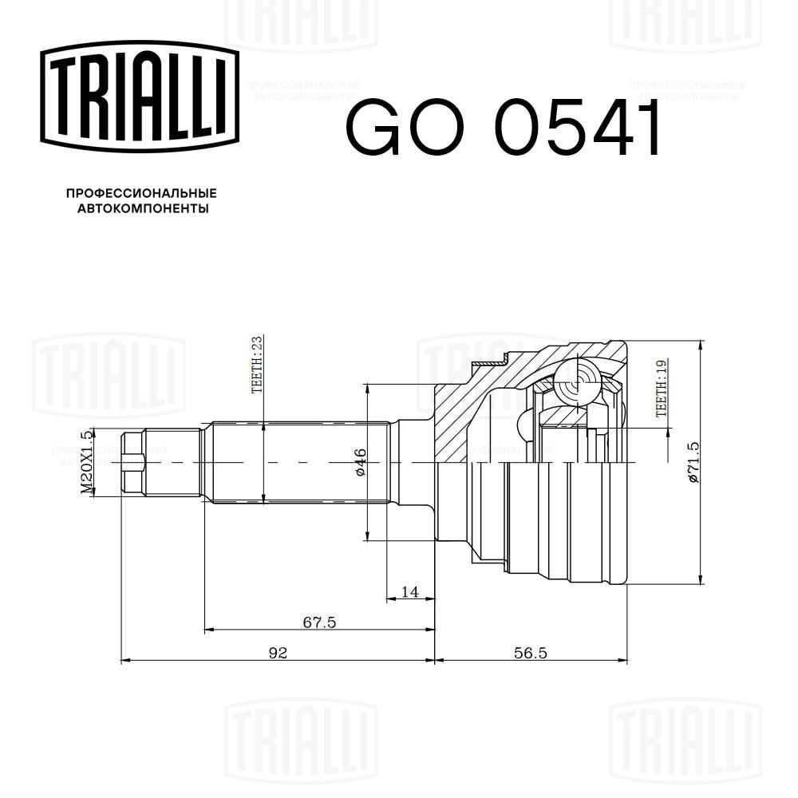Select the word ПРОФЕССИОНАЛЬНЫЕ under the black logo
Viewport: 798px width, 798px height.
[x=141, y=194]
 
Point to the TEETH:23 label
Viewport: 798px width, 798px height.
[x=256, y=365]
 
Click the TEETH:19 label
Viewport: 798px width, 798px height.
[x=660, y=389]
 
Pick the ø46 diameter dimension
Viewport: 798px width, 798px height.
[x=360, y=462]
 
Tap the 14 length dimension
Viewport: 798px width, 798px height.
[x=410, y=591]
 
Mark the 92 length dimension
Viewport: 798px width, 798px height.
[x=277, y=653]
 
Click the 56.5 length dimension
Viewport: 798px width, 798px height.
[x=530, y=653]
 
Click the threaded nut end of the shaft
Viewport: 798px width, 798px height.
[x=132, y=462]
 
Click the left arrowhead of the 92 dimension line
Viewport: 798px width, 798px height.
[x=124, y=661]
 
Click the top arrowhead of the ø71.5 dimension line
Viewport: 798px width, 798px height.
[x=701, y=346]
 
